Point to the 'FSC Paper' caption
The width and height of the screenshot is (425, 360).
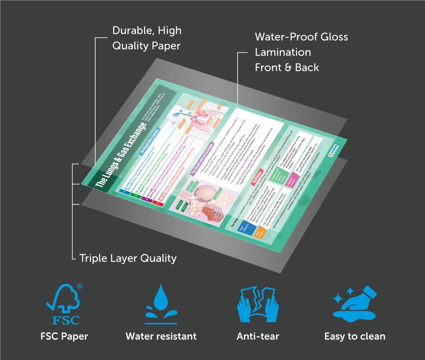(x=64, y=336)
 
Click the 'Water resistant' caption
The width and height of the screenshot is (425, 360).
(x=161, y=336)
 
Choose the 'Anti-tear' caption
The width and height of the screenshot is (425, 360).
(x=258, y=336)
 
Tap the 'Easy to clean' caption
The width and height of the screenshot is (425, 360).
(x=355, y=336)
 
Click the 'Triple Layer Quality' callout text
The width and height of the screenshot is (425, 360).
(x=128, y=258)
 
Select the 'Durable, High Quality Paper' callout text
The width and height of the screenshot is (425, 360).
(x=146, y=38)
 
